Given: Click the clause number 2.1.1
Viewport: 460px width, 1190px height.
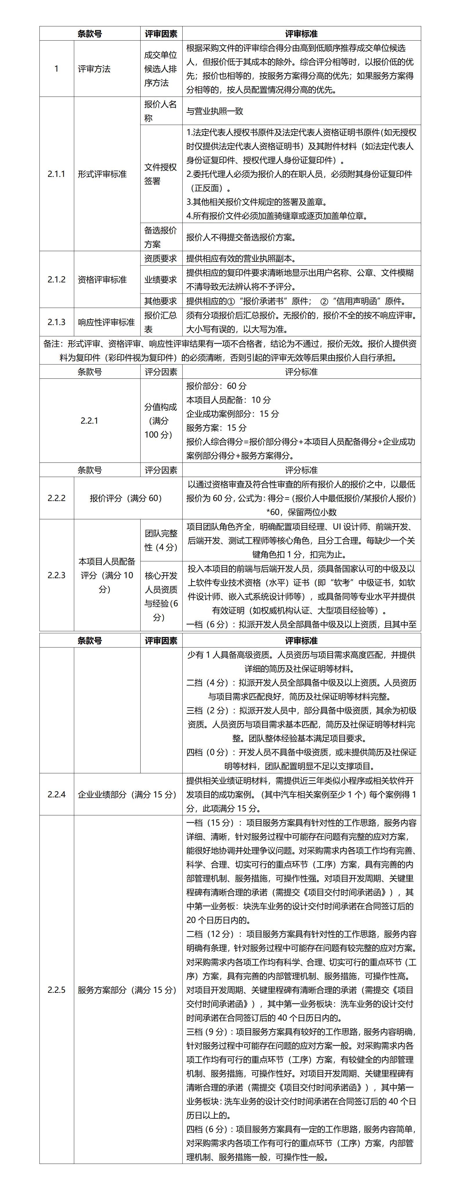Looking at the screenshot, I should [56, 174].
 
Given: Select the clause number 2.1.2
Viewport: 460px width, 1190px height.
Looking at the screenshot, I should [56, 280].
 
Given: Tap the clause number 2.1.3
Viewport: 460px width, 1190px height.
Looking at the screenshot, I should [56, 322].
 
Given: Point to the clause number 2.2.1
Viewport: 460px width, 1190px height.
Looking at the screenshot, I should [89, 421].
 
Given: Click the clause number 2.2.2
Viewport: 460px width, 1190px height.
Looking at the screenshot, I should [56, 498].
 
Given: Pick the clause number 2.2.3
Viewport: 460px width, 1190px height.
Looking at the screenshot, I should [56, 575].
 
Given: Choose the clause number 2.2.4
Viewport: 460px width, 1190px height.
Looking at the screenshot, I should [56, 794].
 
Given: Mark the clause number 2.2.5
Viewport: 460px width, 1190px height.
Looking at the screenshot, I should [56, 990].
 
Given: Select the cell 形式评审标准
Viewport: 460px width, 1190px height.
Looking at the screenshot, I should [102, 174].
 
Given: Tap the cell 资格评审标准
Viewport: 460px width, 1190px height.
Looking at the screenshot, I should [102, 280].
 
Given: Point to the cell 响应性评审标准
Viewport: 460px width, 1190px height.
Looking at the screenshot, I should [106, 322].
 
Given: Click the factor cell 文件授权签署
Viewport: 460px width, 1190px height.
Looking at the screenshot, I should [160, 174].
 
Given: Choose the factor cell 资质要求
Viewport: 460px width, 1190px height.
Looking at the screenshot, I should [160, 259].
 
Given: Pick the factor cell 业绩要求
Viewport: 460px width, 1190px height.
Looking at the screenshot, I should [160, 280].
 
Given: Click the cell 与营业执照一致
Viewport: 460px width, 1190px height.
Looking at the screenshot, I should [215, 111].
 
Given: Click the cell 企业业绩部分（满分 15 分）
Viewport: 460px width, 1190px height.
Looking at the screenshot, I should [127, 794].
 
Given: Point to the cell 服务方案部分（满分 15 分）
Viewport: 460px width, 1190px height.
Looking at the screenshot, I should [127, 990].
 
